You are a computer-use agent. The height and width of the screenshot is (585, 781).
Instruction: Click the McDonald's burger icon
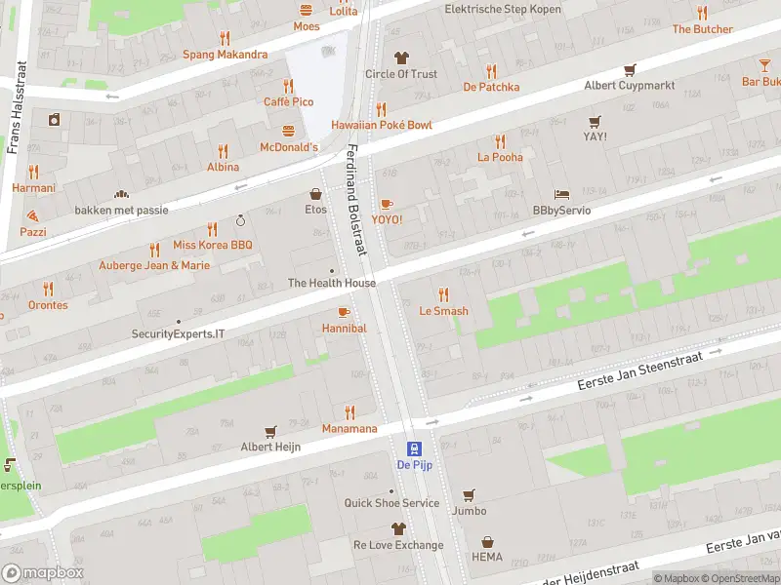click(x=288, y=131)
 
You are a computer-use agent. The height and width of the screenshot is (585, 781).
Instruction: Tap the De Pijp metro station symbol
click(x=414, y=448)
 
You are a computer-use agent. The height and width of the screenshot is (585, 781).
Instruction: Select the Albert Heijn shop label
click(x=270, y=447)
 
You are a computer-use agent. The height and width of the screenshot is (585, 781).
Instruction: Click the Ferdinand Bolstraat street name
click(x=355, y=201)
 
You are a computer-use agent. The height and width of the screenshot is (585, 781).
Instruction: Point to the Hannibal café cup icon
click(x=343, y=312)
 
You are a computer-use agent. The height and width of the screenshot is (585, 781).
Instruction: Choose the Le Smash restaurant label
click(x=443, y=311)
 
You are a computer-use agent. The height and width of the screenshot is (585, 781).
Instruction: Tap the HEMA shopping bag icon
click(x=487, y=542)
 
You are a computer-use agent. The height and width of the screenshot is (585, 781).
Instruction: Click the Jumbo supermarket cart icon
click(x=469, y=494)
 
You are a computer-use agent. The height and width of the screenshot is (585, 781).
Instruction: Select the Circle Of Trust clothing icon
click(x=400, y=58)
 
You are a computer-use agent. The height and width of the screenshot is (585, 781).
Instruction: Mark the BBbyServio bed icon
click(x=560, y=194)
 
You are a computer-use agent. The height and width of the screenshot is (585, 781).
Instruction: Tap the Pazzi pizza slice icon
click(x=32, y=215)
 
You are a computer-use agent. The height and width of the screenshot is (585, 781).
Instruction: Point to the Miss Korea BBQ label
click(x=212, y=245)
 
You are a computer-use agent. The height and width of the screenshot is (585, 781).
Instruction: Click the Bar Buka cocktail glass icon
click(x=763, y=65)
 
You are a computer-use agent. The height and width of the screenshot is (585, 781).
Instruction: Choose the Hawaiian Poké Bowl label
click(x=381, y=125)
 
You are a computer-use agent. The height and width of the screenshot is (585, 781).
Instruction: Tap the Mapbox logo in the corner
click(x=43, y=573)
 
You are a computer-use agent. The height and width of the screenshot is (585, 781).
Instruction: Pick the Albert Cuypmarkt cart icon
click(x=630, y=69)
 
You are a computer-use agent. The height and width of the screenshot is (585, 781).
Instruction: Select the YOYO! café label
click(x=387, y=219)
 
